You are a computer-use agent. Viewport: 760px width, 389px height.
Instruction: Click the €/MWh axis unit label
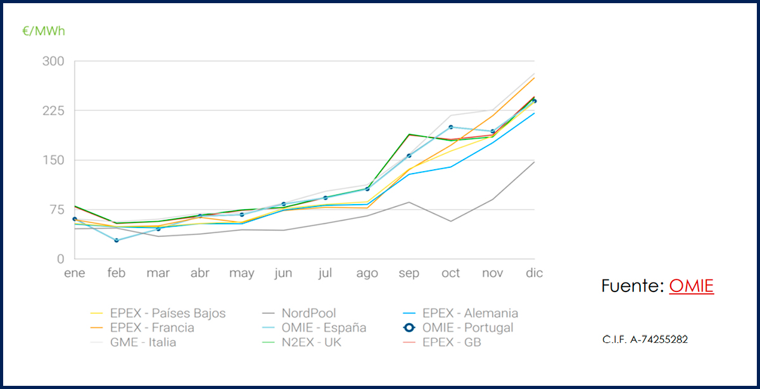click(x=44, y=30)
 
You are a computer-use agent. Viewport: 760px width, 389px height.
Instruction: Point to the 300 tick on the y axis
click(x=53, y=61)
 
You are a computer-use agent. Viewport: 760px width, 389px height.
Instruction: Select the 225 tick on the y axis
click(x=53, y=111)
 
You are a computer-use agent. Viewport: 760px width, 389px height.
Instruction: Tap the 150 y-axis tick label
click(x=53, y=160)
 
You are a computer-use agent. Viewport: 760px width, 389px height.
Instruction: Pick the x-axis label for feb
click(x=116, y=274)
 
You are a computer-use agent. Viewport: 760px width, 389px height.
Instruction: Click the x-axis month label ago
click(x=367, y=274)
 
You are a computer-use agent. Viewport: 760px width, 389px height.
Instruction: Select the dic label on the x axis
click(x=535, y=274)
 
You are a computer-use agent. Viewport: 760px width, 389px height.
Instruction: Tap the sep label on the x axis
click(x=408, y=274)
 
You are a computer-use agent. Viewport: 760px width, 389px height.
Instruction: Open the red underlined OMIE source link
click(x=691, y=286)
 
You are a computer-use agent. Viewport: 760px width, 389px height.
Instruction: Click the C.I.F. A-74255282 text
click(x=645, y=340)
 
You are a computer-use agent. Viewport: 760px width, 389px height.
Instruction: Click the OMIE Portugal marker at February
click(x=117, y=240)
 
